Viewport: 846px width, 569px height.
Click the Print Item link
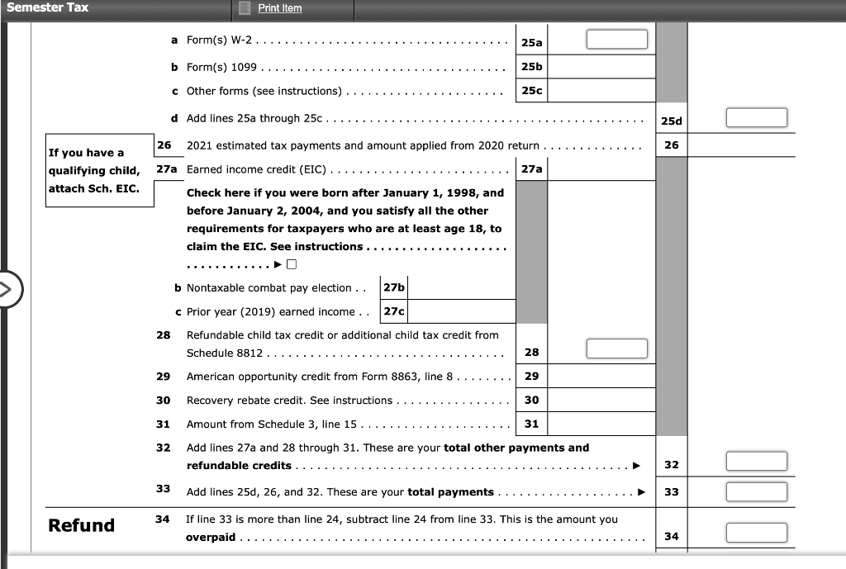tap(280, 8)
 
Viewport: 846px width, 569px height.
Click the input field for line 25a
tap(617, 40)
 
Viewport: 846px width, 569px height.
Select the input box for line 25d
tap(757, 118)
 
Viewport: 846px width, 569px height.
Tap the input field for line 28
tap(617, 349)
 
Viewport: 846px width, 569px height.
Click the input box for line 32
tap(757, 462)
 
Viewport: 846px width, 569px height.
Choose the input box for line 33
tap(757, 491)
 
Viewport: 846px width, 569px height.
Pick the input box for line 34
tap(757, 533)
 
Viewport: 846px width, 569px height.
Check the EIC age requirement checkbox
tap(292, 265)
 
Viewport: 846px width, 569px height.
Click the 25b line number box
tap(532, 66)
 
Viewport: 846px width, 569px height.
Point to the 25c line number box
tap(532, 91)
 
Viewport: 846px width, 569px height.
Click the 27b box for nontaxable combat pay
tap(394, 287)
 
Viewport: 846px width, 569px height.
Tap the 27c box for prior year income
tap(394, 311)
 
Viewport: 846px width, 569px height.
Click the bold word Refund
tap(82, 525)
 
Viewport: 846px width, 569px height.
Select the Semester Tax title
tap(47, 7)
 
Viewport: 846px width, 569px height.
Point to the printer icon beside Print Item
tap(245, 8)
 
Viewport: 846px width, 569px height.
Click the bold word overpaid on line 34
tap(211, 537)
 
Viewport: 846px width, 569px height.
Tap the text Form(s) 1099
tap(221, 67)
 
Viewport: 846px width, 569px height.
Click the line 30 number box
tap(532, 400)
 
